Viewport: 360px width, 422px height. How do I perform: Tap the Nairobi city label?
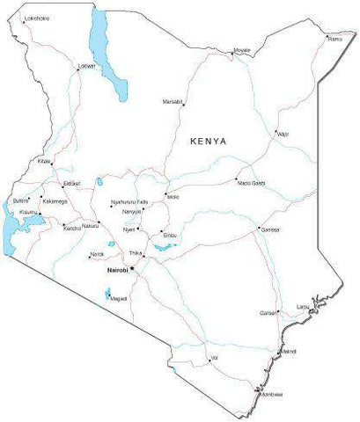(x=116, y=270)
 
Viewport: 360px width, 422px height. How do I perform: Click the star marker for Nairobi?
(x=131, y=269)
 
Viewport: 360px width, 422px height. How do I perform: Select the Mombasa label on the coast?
(x=271, y=394)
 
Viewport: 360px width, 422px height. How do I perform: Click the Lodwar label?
(x=86, y=65)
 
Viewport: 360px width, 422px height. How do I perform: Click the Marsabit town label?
(x=173, y=102)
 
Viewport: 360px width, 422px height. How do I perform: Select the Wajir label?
(x=283, y=134)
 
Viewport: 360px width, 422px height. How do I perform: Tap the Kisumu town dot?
(x=40, y=214)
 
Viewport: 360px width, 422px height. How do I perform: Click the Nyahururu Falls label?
(x=130, y=203)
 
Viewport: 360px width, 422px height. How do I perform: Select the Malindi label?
(x=288, y=352)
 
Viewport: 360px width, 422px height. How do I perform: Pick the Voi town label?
(x=213, y=358)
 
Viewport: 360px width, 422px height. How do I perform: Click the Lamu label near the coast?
(x=302, y=307)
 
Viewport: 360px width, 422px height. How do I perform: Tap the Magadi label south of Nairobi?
(x=119, y=299)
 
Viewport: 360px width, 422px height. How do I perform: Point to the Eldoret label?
(x=71, y=184)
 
